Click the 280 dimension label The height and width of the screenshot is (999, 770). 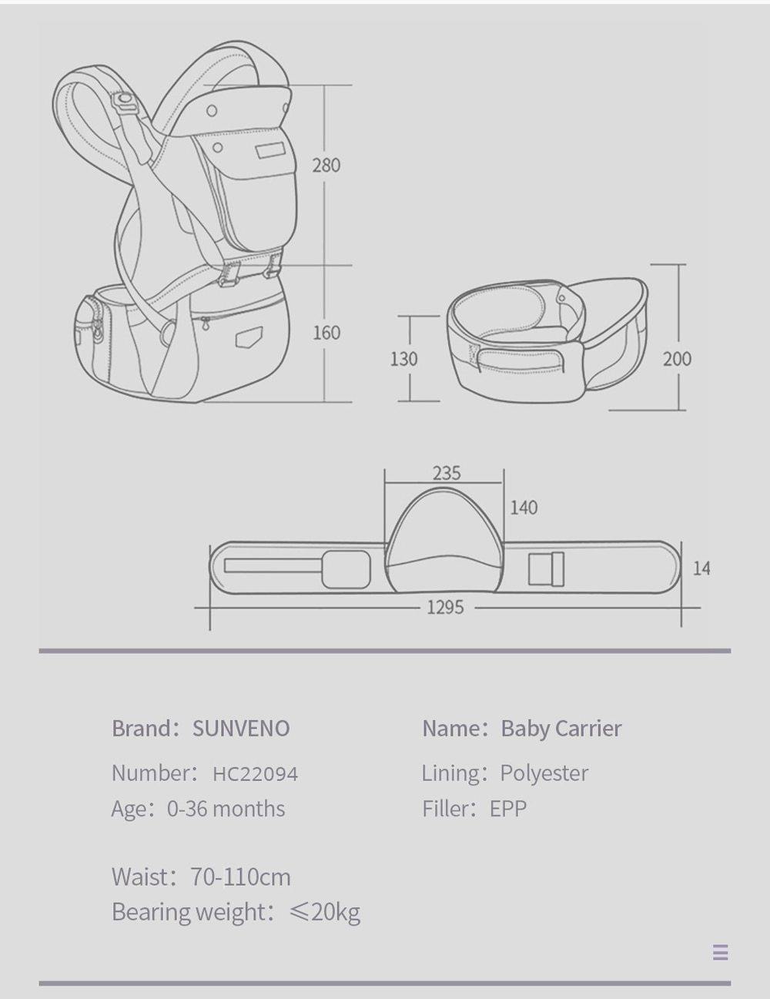tap(326, 165)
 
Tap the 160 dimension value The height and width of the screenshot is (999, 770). tap(326, 333)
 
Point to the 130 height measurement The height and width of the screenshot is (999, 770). tap(403, 359)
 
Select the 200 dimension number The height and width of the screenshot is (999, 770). tap(677, 358)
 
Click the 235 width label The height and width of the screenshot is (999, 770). tap(447, 473)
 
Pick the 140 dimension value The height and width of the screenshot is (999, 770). tap(524, 508)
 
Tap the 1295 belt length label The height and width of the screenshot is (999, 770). tap(446, 608)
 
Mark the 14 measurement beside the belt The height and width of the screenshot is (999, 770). tap(701, 568)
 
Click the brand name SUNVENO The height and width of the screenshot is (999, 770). tap(241, 729)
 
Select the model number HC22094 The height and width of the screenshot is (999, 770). tap(255, 773)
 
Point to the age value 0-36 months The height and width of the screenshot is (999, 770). tap(226, 809)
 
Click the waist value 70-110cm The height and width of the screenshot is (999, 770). tap(241, 877)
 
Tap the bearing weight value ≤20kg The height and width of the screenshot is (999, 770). tap(324, 912)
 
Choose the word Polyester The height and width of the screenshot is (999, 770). tap(544, 773)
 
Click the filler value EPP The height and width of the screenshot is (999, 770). tap(508, 809)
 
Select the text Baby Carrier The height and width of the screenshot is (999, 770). tap(561, 729)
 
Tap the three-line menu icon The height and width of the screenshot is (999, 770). tap(720, 953)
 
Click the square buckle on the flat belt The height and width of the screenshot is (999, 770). tap(546, 569)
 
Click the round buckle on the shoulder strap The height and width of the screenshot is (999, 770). tap(124, 101)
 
